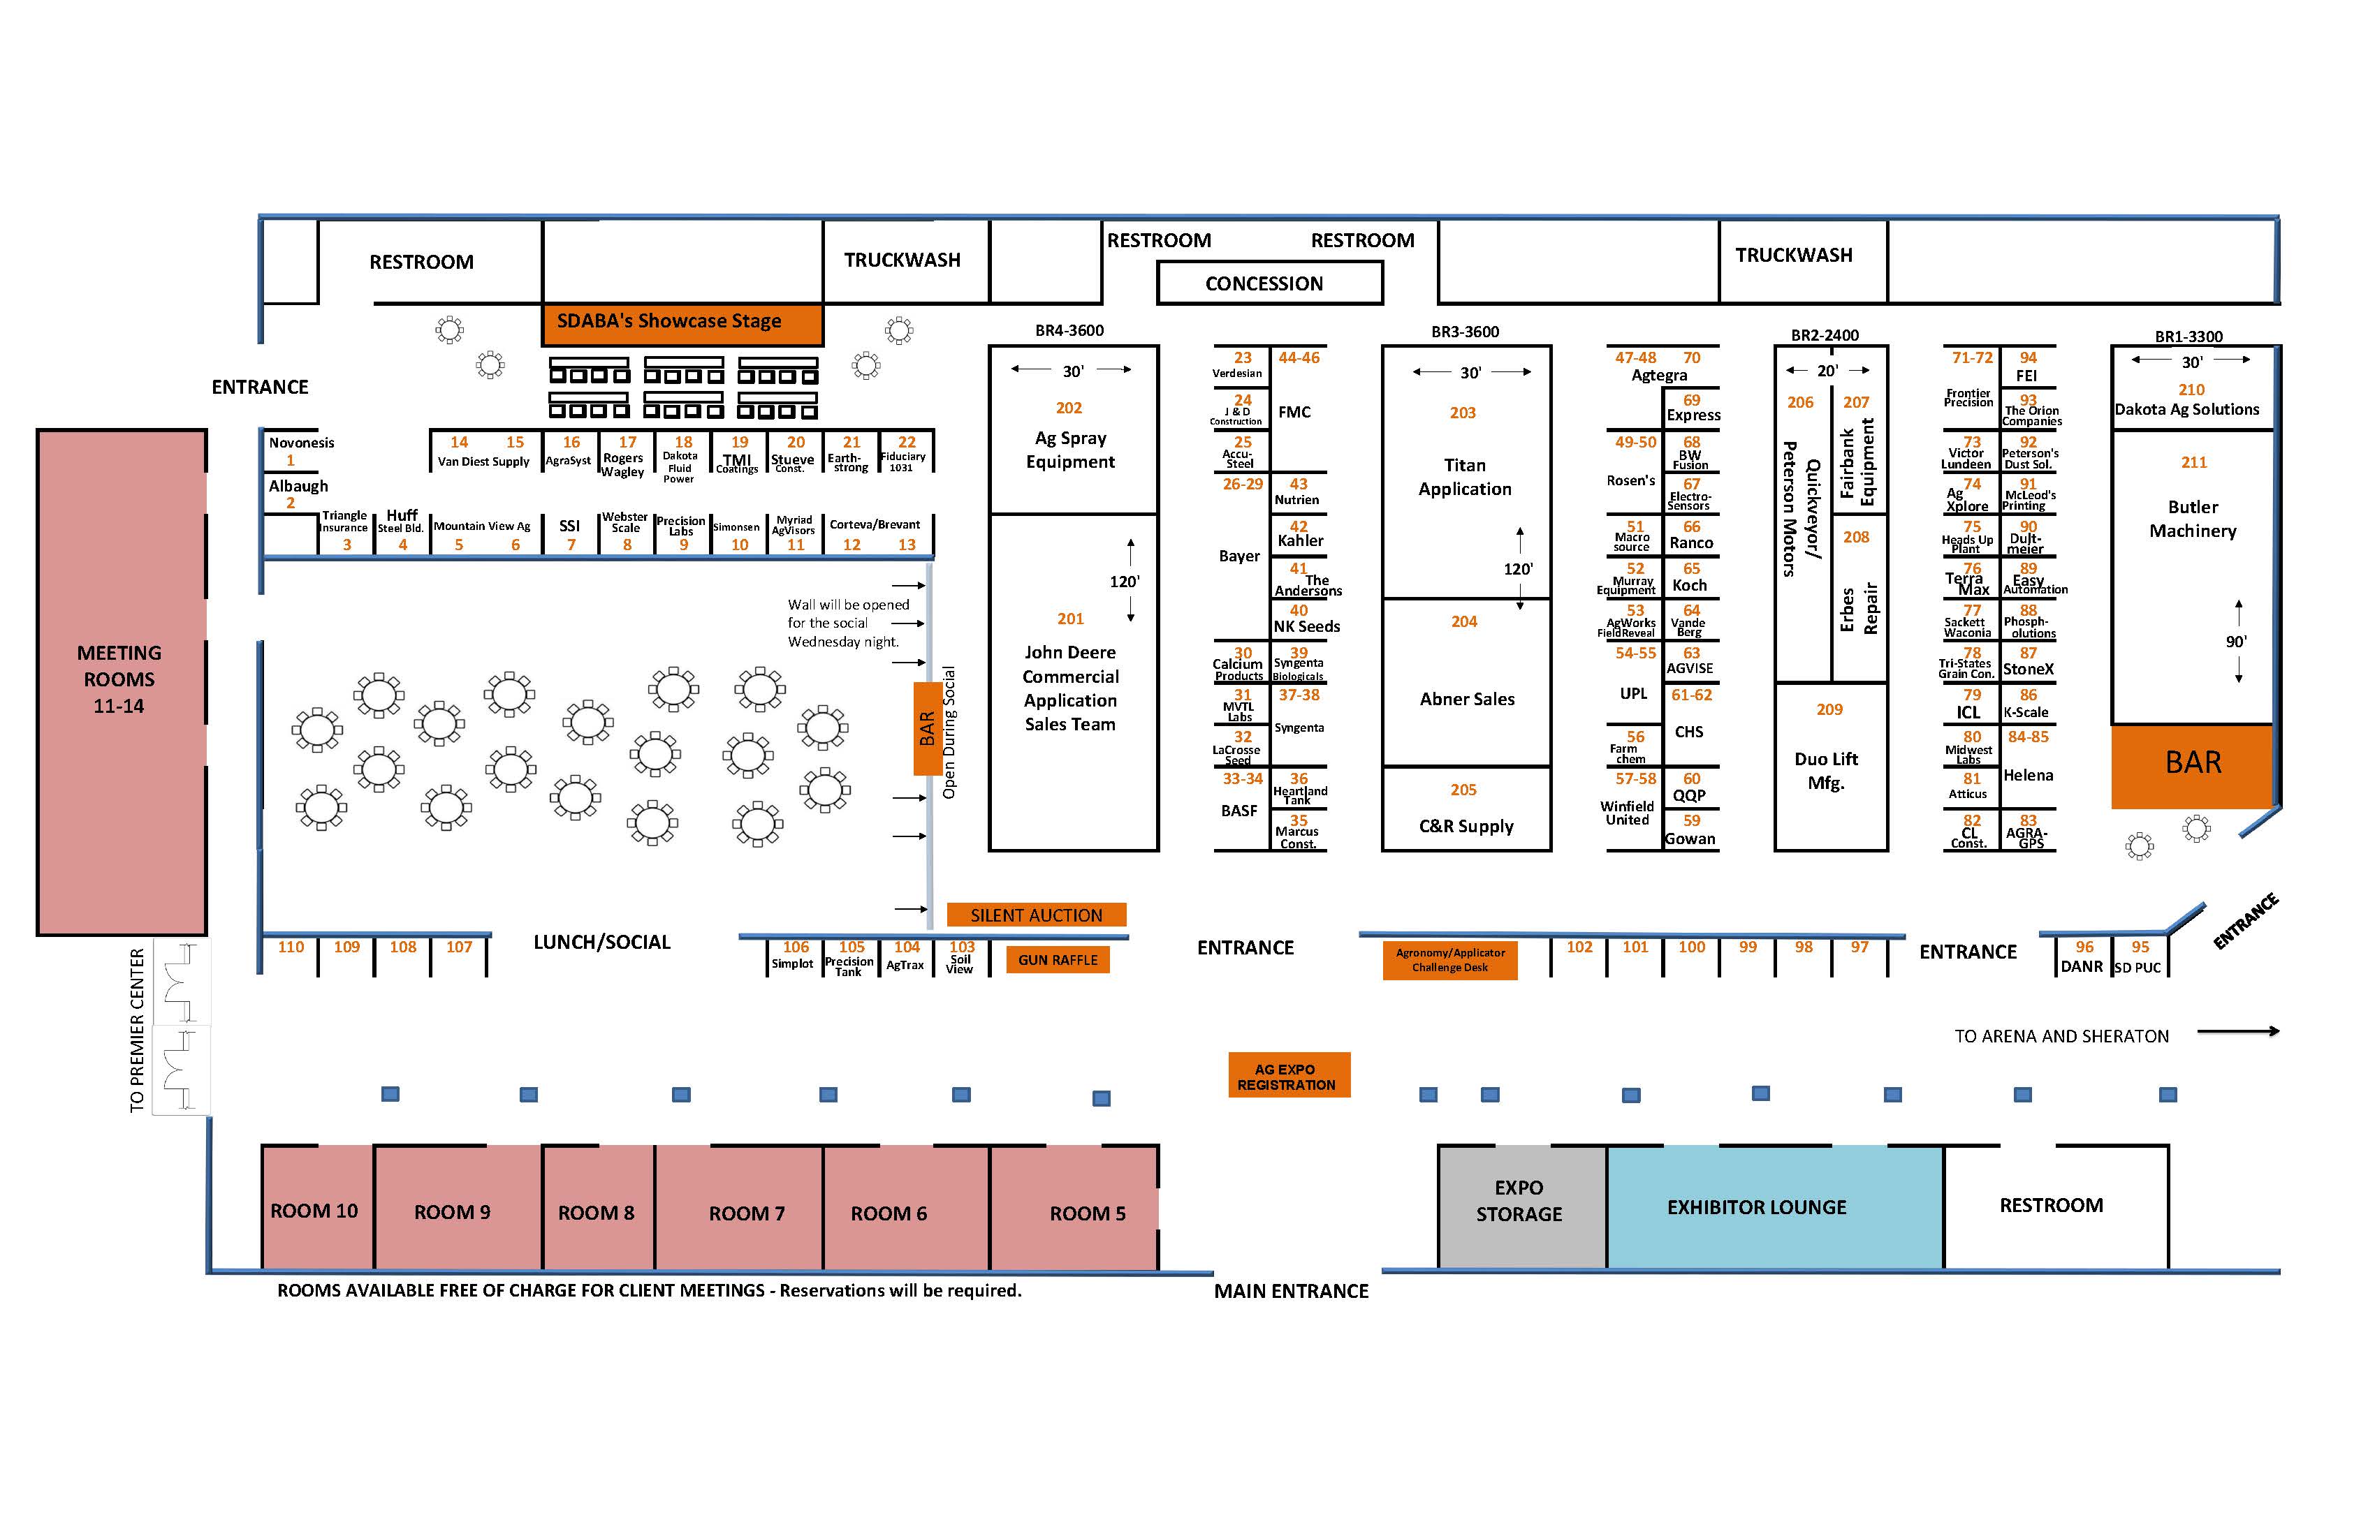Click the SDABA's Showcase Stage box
tap(682, 323)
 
